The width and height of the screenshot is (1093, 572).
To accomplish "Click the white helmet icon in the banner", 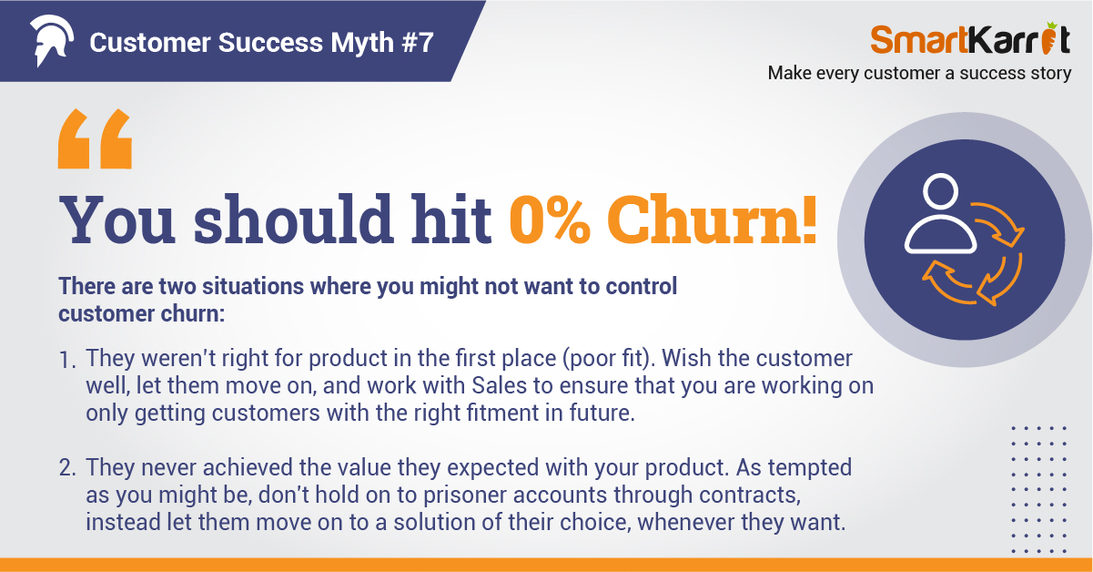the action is (x=52, y=40).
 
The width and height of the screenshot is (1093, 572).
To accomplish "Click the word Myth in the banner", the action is (x=362, y=43).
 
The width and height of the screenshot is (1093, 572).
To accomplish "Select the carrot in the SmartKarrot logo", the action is (x=1048, y=38).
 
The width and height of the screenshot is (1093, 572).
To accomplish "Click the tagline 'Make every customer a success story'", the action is (x=919, y=73).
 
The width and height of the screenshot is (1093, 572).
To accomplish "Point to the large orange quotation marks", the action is (x=95, y=138).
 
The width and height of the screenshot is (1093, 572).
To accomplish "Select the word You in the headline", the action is (x=117, y=219).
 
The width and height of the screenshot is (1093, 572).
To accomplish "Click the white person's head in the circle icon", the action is (x=940, y=191).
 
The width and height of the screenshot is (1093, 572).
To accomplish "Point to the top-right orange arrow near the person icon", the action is (x=998, y=223).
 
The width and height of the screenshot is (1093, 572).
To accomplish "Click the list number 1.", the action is (x=66, y=361).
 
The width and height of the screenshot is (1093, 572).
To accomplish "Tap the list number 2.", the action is (x=67, y=468).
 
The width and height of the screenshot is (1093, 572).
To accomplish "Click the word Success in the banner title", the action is (x=270, y=43).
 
